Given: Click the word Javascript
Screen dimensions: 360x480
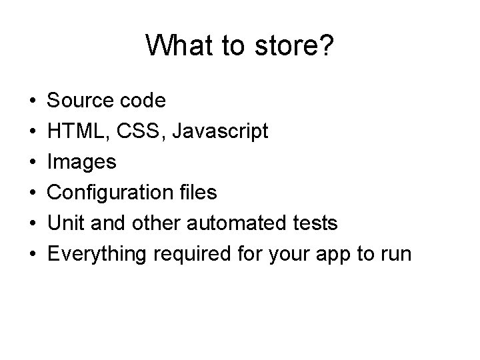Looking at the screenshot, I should point(221,132).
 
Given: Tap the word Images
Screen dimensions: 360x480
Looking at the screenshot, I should point(83,162).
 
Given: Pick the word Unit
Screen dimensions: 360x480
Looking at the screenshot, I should point(65,223).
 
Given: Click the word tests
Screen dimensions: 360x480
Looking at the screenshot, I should point(314,223).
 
